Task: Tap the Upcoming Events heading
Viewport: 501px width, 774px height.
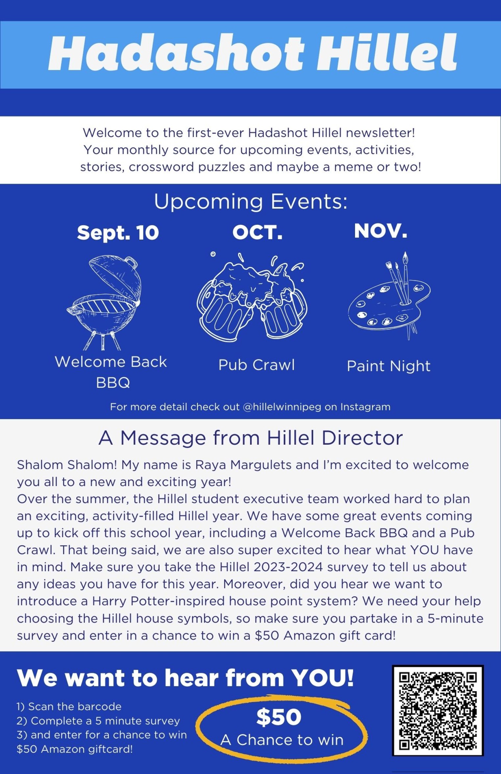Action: (x=251, y=201)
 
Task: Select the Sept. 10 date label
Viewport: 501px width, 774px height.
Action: (x=118, y=233)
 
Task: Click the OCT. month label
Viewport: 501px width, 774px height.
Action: (x=257, y=232)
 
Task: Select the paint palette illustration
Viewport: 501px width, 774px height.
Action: (x=390, y=297)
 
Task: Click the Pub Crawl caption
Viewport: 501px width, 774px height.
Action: (x=257, y=365)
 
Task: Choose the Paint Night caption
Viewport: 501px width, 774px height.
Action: (x=389, y=366)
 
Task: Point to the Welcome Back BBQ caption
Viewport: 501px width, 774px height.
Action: (x=111, y=372)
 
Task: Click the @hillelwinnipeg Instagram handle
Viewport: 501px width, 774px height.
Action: (x=282, y=407)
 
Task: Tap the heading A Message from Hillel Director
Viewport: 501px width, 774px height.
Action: (x=251, y=438)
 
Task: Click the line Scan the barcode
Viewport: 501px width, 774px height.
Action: (x=69, y=706)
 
